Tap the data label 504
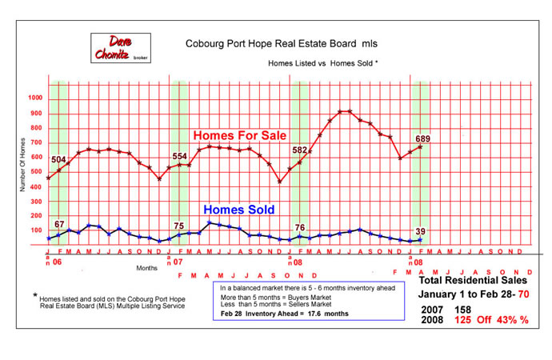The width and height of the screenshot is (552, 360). point(58,159)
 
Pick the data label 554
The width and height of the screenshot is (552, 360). point(179,156)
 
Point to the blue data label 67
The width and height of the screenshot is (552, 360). point(58,225)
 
